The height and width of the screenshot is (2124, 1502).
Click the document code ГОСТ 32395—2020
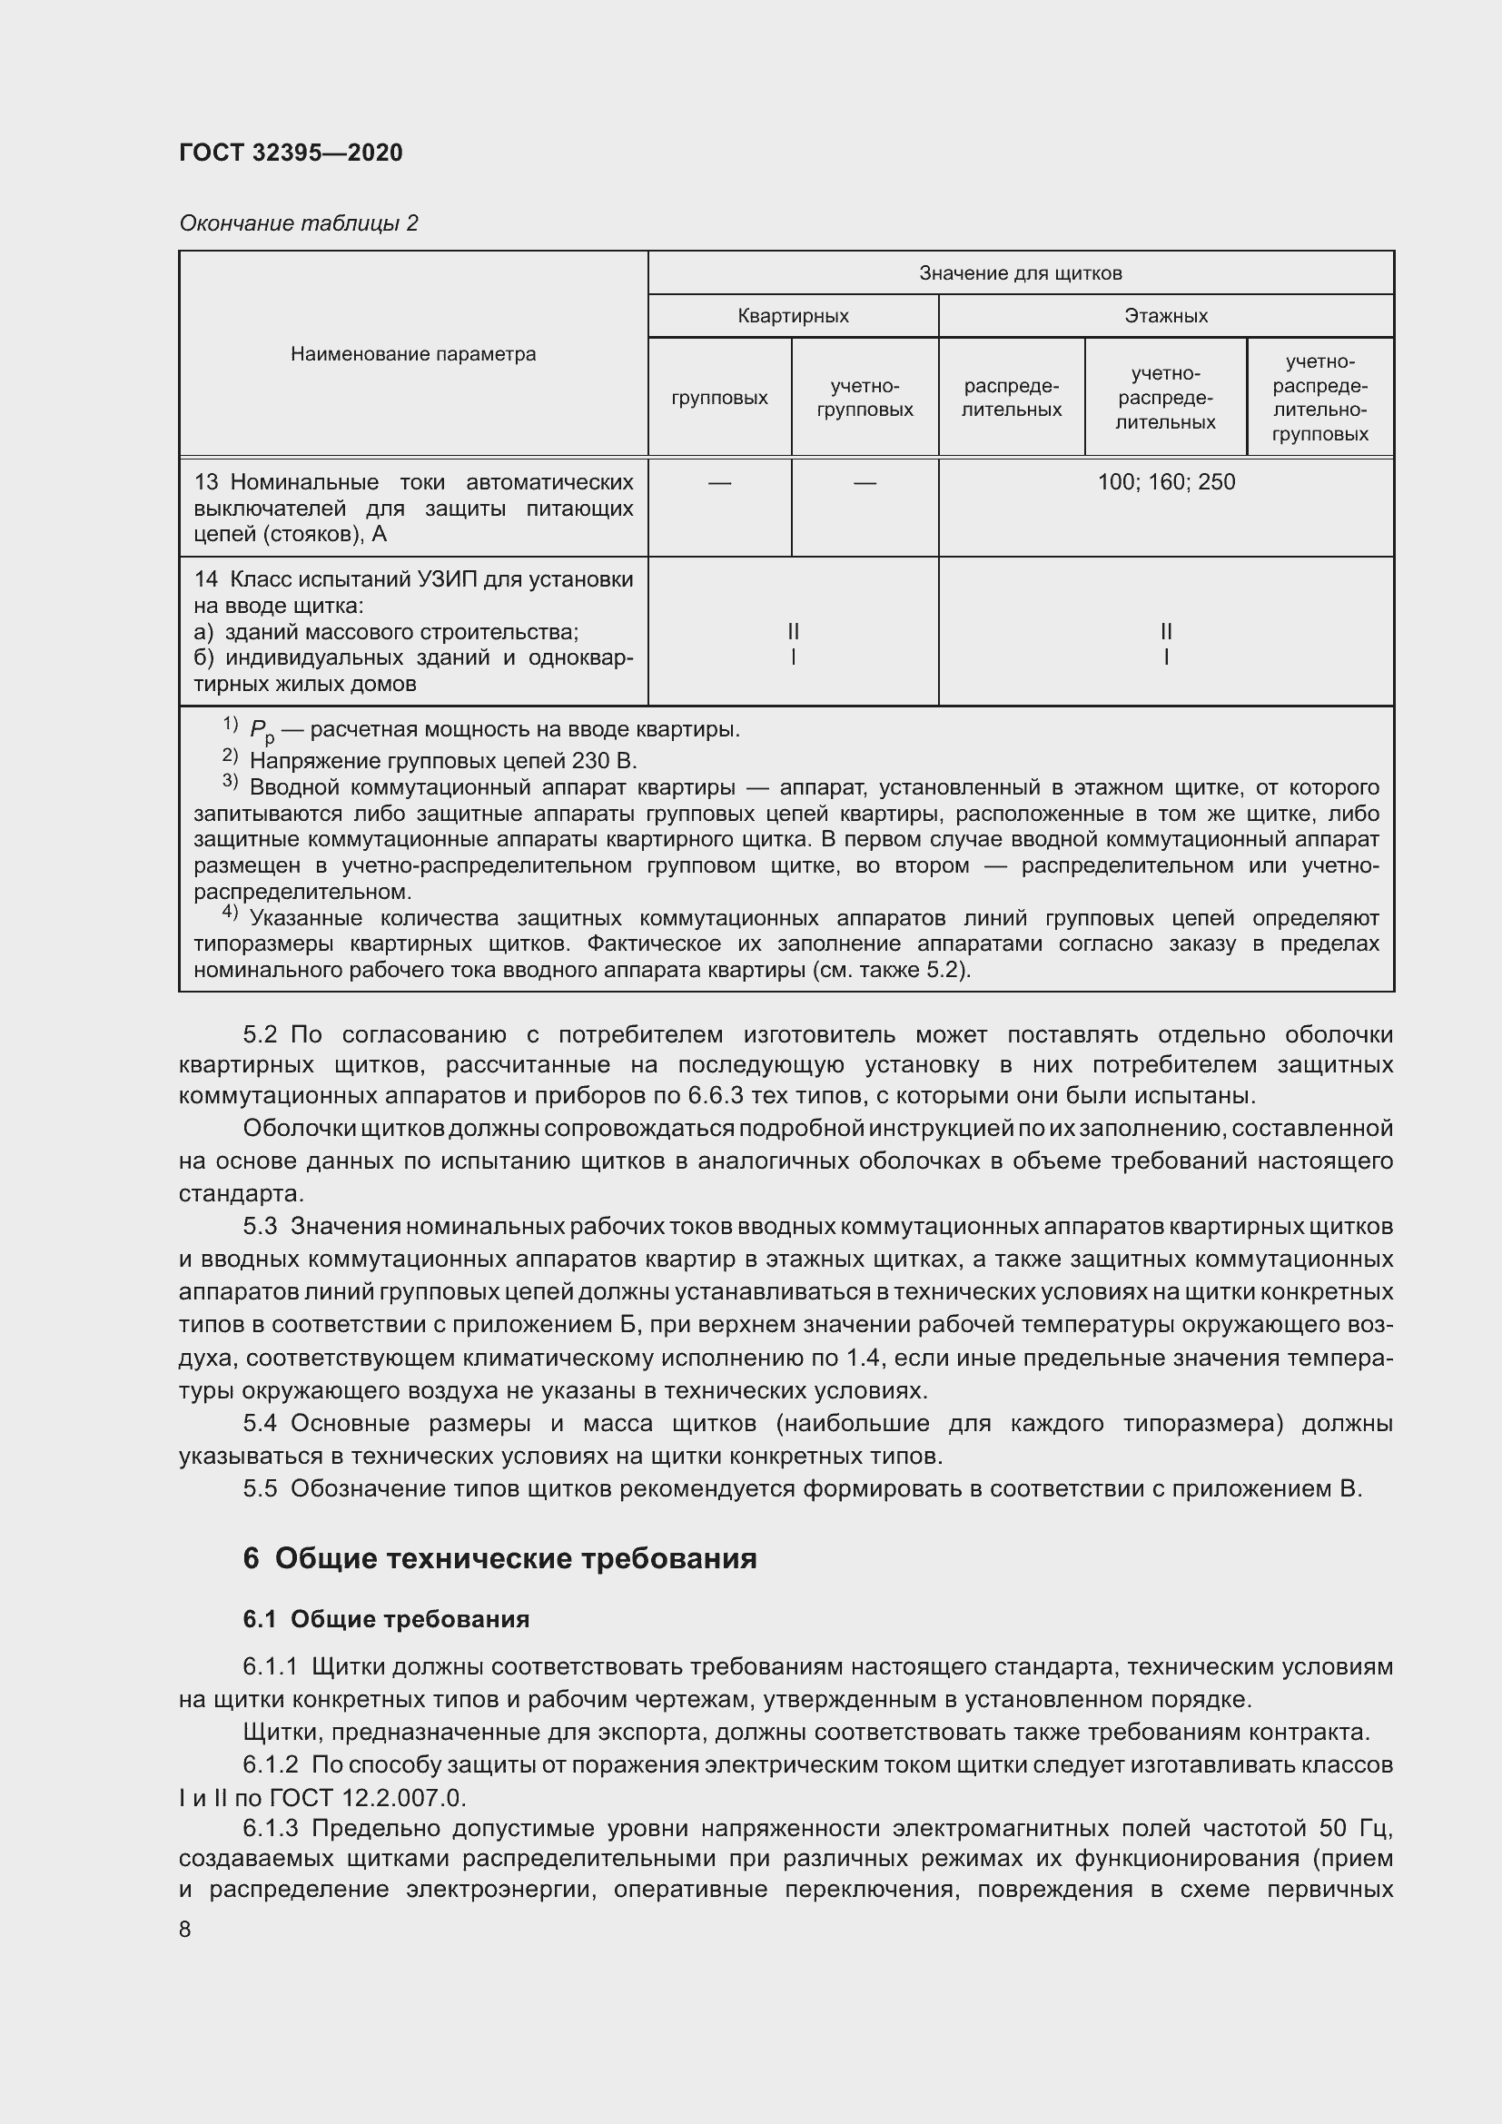click(291, 153)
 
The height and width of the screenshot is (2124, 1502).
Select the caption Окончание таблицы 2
click(298, 223)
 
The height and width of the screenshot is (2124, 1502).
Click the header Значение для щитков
click(1020, 273)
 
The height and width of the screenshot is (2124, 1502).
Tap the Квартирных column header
click(793, 315)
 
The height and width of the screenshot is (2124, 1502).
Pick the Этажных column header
click(1165, 315)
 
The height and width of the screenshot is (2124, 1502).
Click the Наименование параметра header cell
click(412, 353)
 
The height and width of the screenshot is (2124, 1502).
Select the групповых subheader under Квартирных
click(719, 397)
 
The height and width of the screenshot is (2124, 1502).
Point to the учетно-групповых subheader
click(865, 398)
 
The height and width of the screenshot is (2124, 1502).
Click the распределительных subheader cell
click(1011, 398)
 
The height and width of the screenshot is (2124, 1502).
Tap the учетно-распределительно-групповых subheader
click(1319, 398)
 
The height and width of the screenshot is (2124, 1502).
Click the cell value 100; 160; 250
click(1165, 482)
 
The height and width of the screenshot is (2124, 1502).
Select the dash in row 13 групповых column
click(719, 482)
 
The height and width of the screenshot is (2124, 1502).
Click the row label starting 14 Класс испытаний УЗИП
click(412, 580)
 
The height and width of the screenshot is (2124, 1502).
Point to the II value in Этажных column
click(1165, 632)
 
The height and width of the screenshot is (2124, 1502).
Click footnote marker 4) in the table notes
click(230, 913)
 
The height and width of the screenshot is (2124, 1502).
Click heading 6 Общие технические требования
click(499, 1559)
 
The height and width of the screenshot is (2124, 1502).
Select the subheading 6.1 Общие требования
click(386, 1619)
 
